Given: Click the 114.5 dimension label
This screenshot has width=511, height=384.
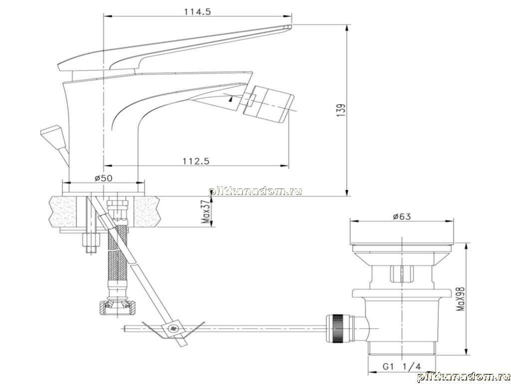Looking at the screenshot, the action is (198, 12).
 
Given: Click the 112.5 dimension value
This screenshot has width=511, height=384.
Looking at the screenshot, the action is (196, 161).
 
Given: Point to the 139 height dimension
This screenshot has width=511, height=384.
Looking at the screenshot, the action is (341, 110).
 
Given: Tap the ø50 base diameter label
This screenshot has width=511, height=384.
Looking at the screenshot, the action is (104, 178).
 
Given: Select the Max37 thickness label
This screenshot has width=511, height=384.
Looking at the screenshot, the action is (205, 211).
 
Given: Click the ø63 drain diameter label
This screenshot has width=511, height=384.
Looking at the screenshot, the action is (402, 216).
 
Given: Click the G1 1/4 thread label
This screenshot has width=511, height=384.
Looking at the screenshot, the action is (402, 366).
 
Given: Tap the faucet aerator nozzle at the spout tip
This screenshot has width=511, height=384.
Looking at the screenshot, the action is (268, 104).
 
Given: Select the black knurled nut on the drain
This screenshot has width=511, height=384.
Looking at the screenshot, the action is (336, 328).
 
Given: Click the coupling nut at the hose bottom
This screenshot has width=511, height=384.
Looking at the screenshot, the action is (117, 307).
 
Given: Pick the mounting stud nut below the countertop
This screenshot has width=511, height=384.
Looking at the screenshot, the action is (91, 240).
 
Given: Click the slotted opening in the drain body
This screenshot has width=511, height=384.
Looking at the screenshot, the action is (401, 273).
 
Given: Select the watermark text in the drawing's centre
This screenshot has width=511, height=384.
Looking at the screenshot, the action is (255, 191).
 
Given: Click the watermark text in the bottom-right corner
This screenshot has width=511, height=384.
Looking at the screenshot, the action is (463, 377).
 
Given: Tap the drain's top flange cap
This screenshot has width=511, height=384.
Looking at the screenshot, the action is (402, 243).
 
